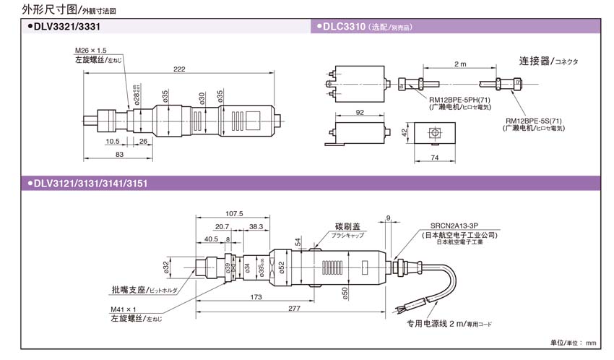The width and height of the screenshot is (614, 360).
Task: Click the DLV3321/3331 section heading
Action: coord(64,26)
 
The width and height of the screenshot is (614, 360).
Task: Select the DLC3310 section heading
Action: coord(341,26)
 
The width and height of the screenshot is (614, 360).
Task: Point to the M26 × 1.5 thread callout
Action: coord(91,51)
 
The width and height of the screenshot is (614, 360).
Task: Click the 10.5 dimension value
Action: coord(112,141)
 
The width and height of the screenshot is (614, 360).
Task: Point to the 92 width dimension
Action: coord(360,113)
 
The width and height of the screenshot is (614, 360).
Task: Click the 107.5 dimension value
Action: coord(234,213)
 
